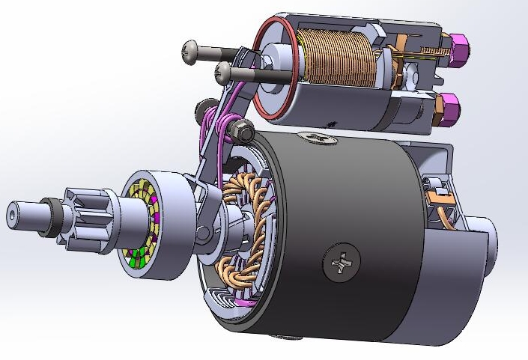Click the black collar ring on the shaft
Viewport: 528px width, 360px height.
click(x=49, y=217)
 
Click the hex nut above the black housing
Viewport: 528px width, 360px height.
click(x=243, y=132)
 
